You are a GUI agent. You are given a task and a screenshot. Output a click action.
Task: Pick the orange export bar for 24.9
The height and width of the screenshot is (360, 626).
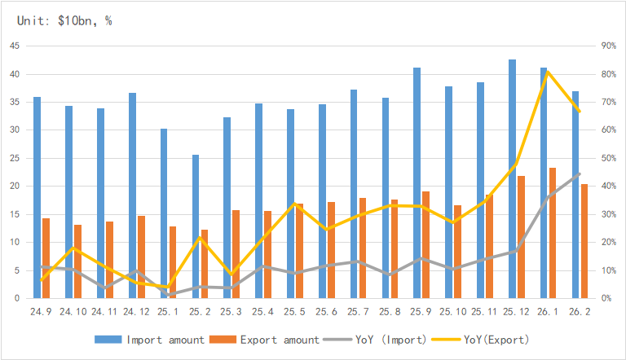pyautogui.click(x=46, y=258)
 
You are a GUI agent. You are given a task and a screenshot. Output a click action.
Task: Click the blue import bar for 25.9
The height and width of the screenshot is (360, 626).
pyautogui.click(x=417, y=182)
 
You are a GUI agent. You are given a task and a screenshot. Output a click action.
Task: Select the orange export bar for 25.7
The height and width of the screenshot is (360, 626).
pyautogui.click(x=363, y=248)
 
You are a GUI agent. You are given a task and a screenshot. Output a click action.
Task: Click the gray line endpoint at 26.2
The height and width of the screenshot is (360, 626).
pyautogui.click(x=579, y=174)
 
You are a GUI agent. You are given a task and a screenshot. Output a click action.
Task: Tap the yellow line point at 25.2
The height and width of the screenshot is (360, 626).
pyautogui.click(x=200, y=237)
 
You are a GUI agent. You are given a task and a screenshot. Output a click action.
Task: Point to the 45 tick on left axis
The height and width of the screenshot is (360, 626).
pyautogui.click(x=15, y=46)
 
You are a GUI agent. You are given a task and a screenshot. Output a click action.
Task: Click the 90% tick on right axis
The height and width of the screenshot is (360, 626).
pyautogui.click(x=608, y=46)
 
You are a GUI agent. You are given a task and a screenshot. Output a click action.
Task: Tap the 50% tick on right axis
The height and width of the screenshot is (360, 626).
pyautogui.click(x=608, y=158)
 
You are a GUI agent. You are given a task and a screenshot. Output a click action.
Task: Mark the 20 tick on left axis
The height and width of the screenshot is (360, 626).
pyautogui.click(x=15, y=186)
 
